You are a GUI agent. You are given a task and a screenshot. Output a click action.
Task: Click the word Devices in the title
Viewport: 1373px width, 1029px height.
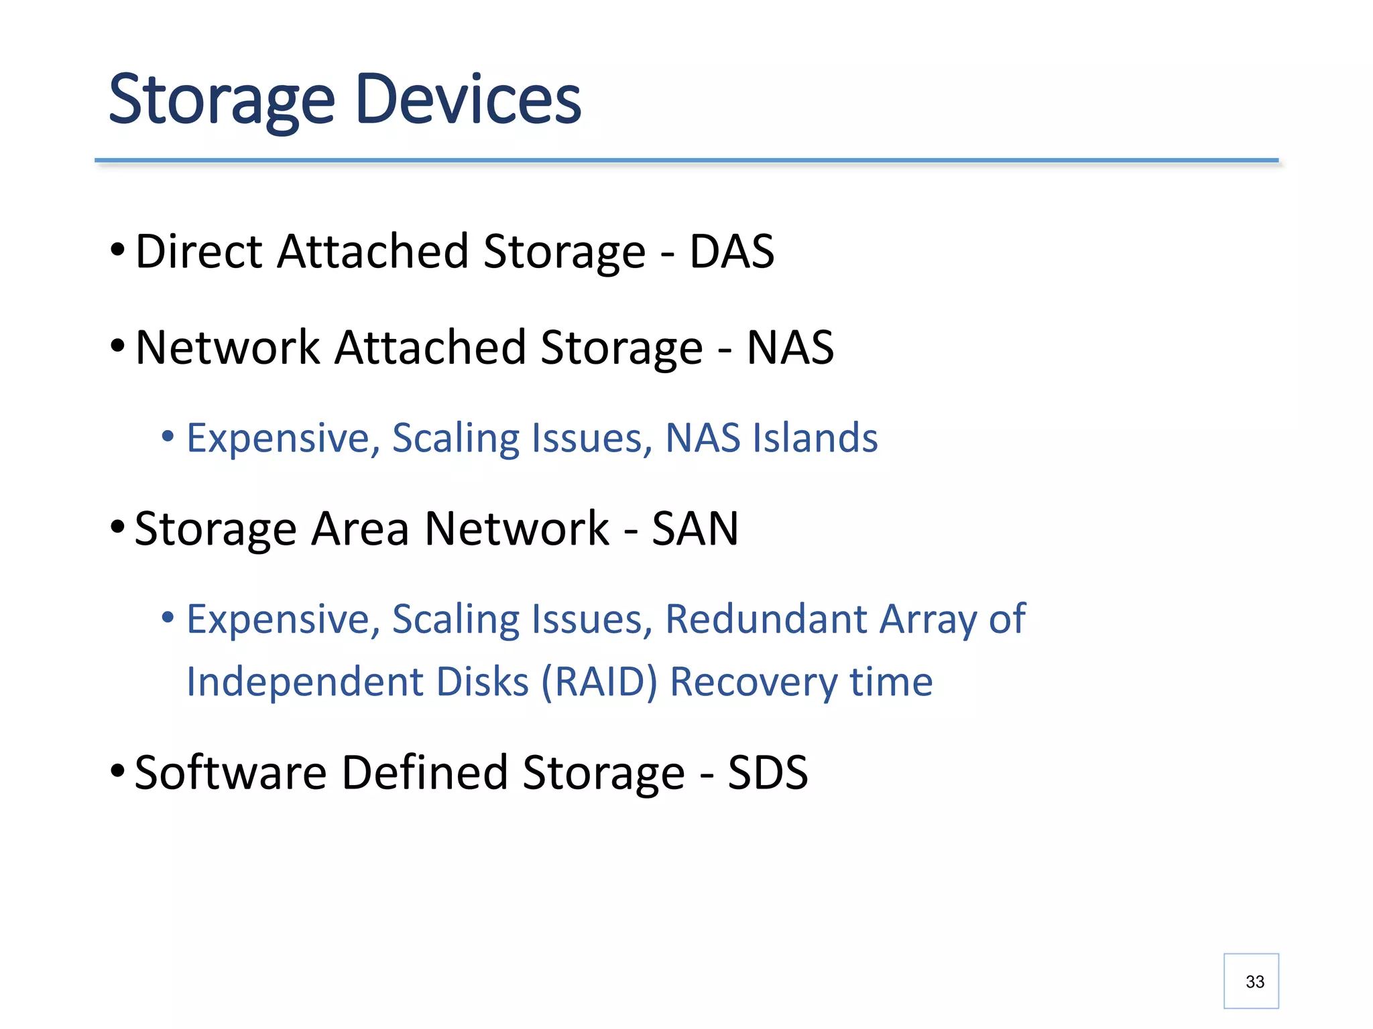(468, 100)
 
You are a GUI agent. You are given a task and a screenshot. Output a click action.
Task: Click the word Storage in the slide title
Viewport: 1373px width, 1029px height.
(221, 100)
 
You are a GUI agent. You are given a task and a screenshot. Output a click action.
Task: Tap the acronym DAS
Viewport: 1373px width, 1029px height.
(731, 252)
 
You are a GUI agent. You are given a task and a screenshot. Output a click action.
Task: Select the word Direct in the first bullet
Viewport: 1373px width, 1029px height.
(198, 252)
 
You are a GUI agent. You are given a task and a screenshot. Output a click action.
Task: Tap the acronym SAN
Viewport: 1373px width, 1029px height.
(695, 529)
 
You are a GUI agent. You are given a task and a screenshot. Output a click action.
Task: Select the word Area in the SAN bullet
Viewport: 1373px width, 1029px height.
(360, 529)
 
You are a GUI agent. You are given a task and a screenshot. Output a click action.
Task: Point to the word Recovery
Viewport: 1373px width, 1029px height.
(754, 682)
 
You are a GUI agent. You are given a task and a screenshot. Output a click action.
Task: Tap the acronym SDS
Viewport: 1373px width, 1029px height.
(768, 773)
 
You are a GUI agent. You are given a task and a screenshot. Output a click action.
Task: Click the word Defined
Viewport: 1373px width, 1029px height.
(424, 773)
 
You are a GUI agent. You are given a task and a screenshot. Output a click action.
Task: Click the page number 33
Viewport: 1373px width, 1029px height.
(1254, 982)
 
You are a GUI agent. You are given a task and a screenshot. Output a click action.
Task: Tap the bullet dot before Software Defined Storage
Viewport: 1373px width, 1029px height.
(117, 771)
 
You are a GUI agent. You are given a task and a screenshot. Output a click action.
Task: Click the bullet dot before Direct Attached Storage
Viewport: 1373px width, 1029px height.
(117, 250)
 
